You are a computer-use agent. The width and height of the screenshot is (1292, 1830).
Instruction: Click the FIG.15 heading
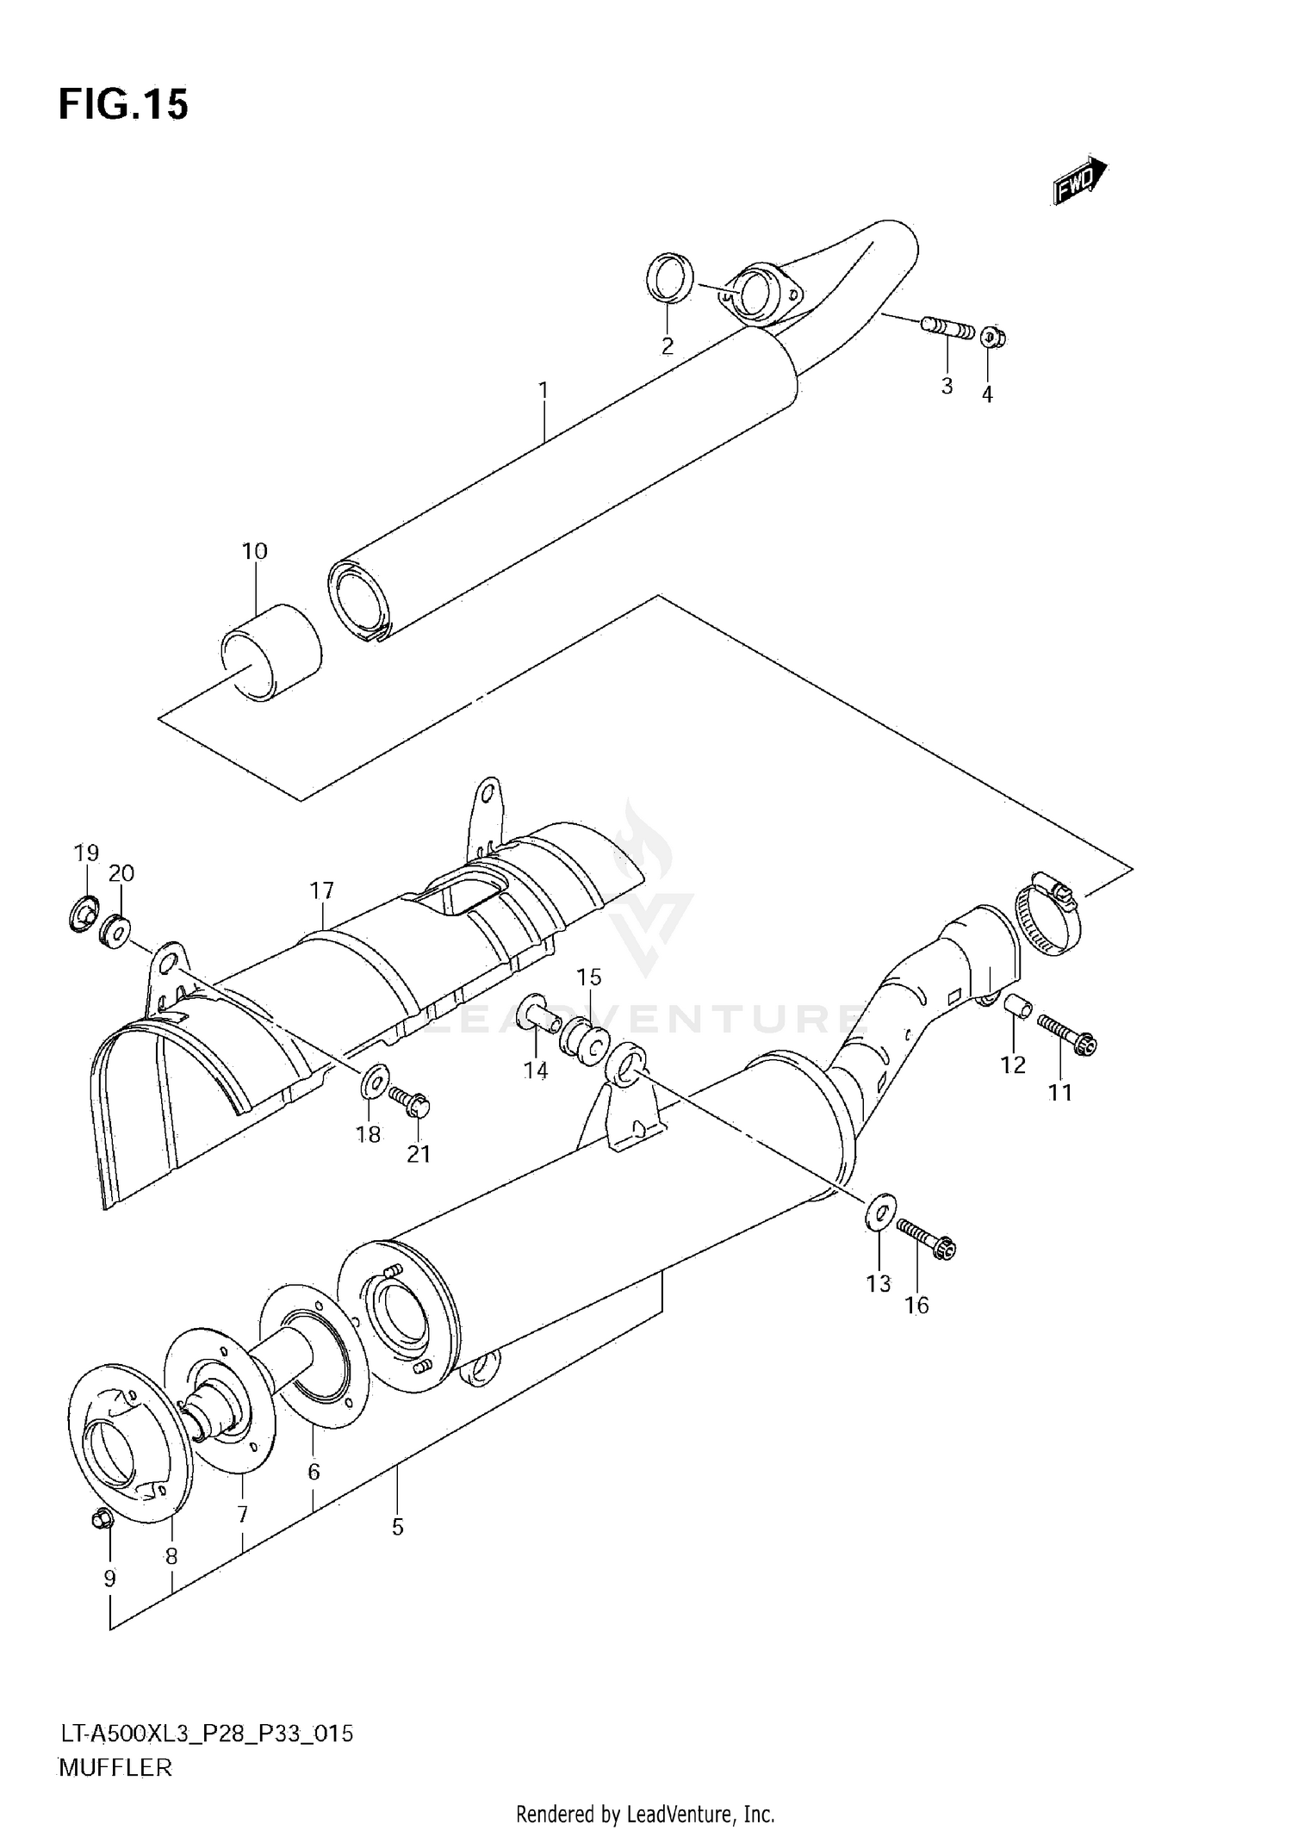point(123,105)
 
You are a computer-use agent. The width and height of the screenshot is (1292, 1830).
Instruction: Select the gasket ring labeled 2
point(669,278)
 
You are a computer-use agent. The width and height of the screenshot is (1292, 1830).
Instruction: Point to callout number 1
point(544,391)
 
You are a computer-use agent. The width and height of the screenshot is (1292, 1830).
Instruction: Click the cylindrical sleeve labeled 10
point(271,653)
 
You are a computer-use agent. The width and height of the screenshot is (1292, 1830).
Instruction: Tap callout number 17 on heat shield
point(322,890)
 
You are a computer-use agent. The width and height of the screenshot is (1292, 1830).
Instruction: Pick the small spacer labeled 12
point(1017,1005)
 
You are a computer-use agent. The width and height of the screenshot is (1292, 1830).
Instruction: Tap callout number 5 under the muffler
point(397,1527)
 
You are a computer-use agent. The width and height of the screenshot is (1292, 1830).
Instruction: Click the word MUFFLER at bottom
point(116,1767)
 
